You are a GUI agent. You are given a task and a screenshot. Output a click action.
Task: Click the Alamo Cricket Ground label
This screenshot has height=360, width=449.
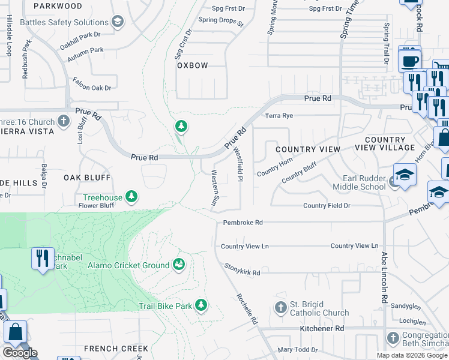[x=128, y=265]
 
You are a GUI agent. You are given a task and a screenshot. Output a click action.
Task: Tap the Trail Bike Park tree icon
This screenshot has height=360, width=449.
[x=201, y=306]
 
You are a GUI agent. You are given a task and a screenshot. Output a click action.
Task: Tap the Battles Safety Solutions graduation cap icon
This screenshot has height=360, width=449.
[x=118, y=22]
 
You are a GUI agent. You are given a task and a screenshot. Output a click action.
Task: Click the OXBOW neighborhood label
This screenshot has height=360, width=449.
[x=192, y=65]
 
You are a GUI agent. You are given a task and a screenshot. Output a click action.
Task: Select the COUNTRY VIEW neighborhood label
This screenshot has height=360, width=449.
[x=307, y=149]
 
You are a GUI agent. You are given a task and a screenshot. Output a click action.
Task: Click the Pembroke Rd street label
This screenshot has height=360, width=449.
[x=243, y=222]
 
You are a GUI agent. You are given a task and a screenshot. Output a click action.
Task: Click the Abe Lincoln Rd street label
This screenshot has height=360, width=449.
[x=384, y=276]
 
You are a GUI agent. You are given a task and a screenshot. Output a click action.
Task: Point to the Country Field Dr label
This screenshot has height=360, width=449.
[x=327, y=206]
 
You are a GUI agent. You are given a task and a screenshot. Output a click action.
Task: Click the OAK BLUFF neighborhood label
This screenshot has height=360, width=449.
[x=87, y=178]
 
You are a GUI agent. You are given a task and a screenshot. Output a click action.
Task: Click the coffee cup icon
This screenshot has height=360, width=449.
[x=411, y=61]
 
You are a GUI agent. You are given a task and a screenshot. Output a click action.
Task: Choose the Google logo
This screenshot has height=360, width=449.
[x=20, y=353]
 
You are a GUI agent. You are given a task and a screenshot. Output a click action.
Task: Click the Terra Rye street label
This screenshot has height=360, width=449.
[x=279, y=115]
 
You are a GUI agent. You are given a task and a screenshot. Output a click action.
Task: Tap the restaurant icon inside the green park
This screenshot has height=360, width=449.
[x=42, y=259]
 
